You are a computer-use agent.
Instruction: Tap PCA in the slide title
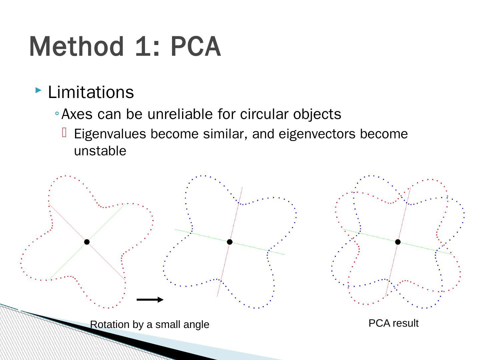tap(196, 47)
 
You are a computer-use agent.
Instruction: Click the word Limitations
tap(91, 92)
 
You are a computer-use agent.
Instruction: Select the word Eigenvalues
tap(110, 134)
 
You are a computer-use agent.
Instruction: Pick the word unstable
tap(100, 151)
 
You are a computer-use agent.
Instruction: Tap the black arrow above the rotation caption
tap(150, 300)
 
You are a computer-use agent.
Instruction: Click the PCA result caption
tap(393, 323)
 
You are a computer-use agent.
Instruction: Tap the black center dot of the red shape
tap(87, 242)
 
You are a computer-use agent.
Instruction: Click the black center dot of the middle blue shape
tap(230, 242)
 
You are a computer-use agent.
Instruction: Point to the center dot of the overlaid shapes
tap(398, 242)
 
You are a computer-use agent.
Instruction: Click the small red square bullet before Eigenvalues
tap(64, 133)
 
